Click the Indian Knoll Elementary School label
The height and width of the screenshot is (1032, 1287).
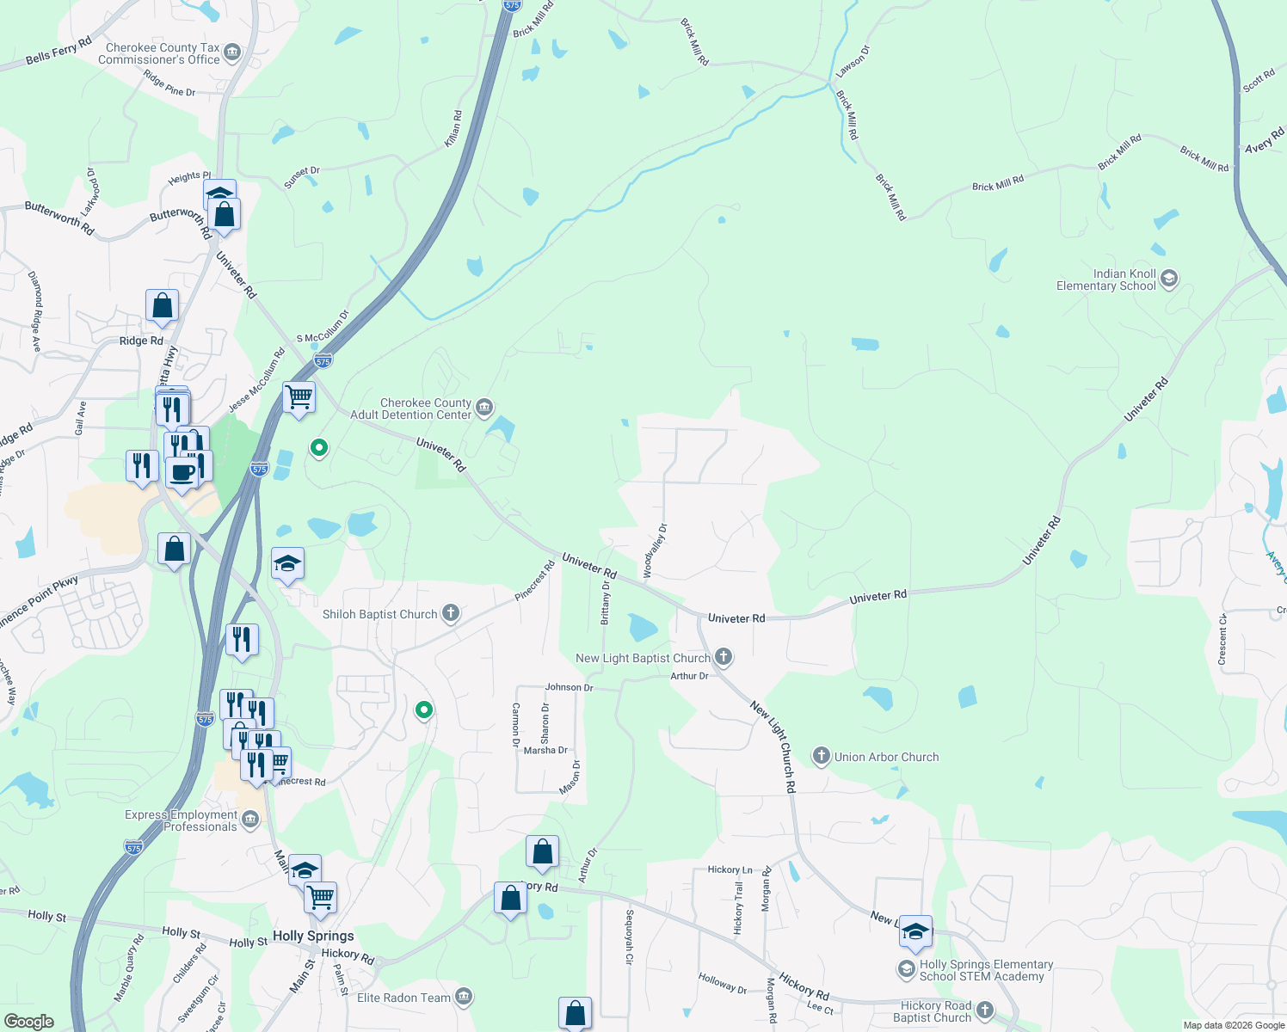[1106, 279]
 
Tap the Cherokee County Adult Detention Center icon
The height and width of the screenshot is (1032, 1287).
[484, 406]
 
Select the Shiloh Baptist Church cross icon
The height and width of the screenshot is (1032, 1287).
[451, 613]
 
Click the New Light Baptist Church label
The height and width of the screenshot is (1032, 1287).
[643, 658]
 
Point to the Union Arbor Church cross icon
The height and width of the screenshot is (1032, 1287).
[822, 757]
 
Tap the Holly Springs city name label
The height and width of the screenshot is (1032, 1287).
[313, 936]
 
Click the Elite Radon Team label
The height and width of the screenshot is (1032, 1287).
[403, 998]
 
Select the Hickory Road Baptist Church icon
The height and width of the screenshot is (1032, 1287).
[985, 1010]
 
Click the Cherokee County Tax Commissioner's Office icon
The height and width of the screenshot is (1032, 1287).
[231, 53]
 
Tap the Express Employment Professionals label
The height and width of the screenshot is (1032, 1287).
[181, 820]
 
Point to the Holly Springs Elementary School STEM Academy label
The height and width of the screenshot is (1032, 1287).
[986, 970]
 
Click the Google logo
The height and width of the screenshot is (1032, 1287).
[29, 1021]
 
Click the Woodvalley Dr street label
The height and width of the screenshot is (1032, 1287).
[656, 550]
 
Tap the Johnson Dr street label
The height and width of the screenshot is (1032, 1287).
[569, 687]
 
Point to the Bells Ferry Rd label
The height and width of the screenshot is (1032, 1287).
[58, 52]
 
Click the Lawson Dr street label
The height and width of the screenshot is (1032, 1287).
[853, 60]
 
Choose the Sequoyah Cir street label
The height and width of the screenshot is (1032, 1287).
[630, 937]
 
